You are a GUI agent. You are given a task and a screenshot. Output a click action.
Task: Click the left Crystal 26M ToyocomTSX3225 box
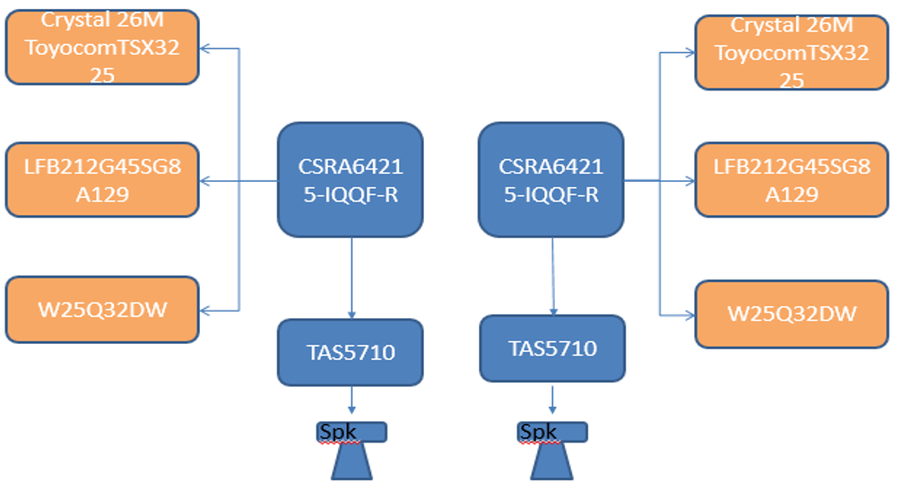101,47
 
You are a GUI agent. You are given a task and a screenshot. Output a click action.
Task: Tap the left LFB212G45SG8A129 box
101,179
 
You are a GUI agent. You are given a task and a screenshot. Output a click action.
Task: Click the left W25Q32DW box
101,309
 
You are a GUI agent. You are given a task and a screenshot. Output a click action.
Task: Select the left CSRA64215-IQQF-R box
351,179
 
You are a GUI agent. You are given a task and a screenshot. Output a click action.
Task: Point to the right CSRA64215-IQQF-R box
551,179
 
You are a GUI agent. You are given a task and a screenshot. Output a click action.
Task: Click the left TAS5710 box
351,352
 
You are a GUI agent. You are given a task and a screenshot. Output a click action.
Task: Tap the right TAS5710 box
552,348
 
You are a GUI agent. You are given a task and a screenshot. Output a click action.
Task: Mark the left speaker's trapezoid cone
351,462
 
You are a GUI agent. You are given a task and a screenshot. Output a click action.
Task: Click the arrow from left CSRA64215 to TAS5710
351,277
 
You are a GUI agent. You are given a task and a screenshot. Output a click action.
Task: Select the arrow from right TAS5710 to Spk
552,399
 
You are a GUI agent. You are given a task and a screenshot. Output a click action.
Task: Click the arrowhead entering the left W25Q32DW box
204,310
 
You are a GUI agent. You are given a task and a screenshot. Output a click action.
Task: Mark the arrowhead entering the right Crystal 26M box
690,53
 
